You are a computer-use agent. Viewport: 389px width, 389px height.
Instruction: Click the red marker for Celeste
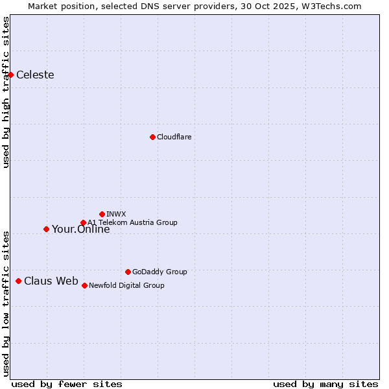pyautogui.click(x=10, y=75)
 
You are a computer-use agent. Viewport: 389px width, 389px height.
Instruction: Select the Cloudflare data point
pyautogui.click(x=152, y=137)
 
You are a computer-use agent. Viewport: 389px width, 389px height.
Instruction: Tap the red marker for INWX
pyautogui.click(x=102, y=214)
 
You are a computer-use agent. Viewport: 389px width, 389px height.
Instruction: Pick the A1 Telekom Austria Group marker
pyautogui.click(x=83, y=222)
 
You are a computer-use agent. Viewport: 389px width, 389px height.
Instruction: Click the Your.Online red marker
pyautogui.click(x=46, y=229)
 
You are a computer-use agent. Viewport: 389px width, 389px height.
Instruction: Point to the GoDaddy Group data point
pyautogui.click(x=128, y=272)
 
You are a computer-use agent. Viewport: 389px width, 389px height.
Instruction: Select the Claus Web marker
pyautogui.click(x=18, y=281)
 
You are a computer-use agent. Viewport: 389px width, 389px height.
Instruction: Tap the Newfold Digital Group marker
pyautogui.click(x=84, y=285)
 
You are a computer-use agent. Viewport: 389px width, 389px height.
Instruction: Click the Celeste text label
pyautogui.click(x=35, y=75)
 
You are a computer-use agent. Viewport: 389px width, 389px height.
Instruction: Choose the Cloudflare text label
pyautogui.click(x=174, y=137)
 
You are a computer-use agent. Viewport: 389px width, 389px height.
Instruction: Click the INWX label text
pyautogui.click(x=116, y=214)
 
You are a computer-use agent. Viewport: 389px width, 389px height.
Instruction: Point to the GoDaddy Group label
pyautogui.click(x=159, y=272)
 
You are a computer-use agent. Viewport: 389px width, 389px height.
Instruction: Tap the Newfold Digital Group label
pyautogui.click(x=126, y=285)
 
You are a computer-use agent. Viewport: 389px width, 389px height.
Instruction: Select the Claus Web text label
pyautogui.click(x=51, y=281)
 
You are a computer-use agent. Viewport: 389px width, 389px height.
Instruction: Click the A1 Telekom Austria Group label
pyautogui.click(x=132, y=222)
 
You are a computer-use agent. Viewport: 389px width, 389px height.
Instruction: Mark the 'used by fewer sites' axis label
pyautogui.click(x=67, y=384)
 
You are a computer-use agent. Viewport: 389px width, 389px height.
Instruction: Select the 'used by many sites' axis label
pyautogui.click(x=325, y=384)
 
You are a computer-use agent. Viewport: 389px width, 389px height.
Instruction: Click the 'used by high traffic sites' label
pyautogui.click(x=6, y=92)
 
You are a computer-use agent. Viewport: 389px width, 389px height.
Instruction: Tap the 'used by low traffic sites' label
pyautogui.click(x=6, y=303)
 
